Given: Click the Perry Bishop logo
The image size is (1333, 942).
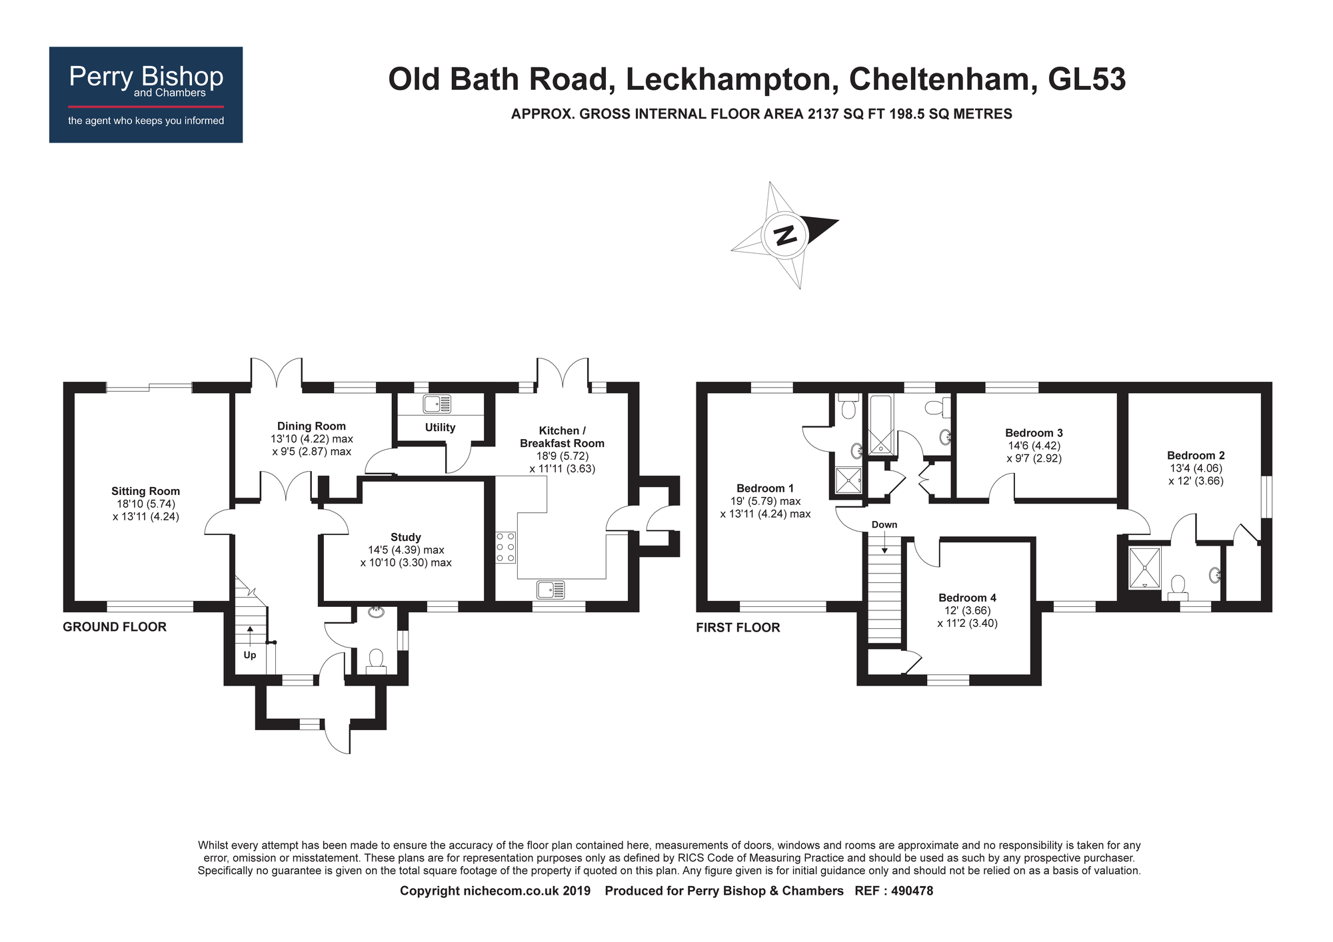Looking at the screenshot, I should (146, 95).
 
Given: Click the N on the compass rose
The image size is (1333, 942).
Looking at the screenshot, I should (785, 235).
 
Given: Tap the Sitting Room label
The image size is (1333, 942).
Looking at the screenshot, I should (145, 492).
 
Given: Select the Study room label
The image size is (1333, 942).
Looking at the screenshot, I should (405, 537).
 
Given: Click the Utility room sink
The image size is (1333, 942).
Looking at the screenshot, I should (437, 404).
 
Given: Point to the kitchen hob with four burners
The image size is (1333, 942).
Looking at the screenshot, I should (505, 547).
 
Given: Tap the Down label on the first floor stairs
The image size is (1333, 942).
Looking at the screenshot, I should (884, 525).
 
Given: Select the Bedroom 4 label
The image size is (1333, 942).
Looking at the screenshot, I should (967, 598).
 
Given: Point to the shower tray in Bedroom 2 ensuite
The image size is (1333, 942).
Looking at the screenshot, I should (1144, 568).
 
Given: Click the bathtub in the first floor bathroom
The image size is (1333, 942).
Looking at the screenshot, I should (880, 424).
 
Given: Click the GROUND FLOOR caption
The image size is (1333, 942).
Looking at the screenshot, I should (115, 627).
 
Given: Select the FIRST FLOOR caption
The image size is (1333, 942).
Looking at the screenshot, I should (738, 628).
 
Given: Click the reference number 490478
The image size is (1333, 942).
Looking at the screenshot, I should (910, 891).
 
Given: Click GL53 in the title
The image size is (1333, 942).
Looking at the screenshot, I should (1086, 79).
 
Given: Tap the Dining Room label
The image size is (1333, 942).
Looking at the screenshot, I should (311, 426).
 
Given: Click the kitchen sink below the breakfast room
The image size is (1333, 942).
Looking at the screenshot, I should (551, 590).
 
